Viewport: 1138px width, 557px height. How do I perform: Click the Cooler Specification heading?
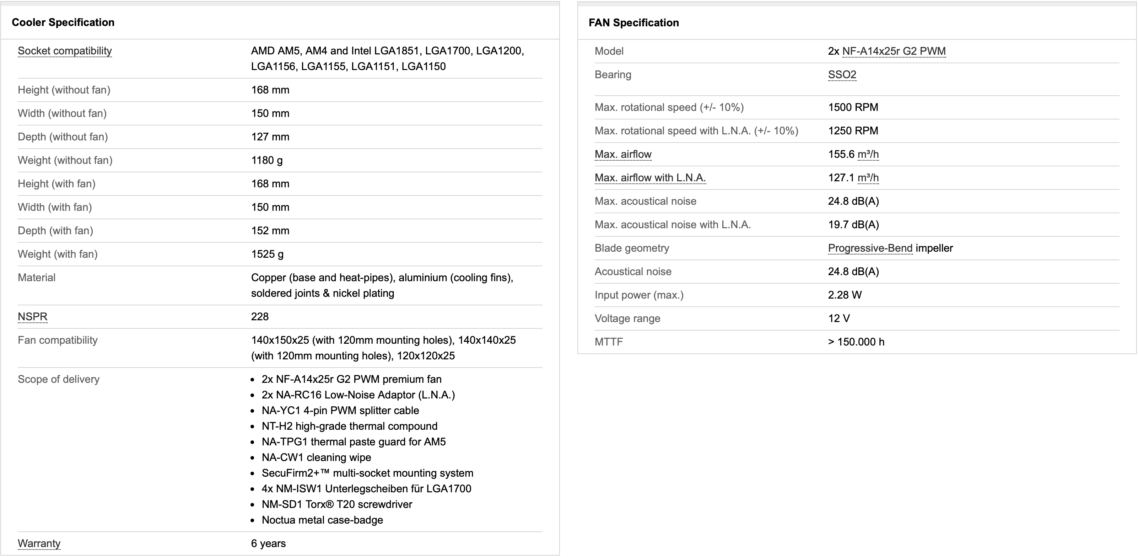point(63,22)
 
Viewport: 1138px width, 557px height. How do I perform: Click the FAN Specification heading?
point(633,23)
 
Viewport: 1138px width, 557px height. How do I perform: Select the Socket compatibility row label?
point(65,51)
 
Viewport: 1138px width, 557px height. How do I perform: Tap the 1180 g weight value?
point(267,160)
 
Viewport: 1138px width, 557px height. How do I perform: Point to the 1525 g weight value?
point(267,254)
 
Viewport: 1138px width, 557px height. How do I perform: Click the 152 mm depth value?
point(270,231)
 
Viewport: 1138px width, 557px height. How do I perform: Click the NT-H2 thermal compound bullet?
point(349,426)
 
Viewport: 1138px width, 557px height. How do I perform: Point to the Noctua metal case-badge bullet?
point(322,520)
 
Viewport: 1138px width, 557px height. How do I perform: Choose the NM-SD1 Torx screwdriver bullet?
point(336,505)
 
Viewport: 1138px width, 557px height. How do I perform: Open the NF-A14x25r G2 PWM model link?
point(894,51)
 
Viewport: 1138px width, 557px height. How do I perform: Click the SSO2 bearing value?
point(842,75)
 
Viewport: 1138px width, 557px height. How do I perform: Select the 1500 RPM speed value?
point(853,107)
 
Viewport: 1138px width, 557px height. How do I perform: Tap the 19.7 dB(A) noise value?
point(853,225)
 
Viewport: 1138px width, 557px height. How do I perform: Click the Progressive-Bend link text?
point(870,248)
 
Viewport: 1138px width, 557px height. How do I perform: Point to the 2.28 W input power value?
point(845,295)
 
